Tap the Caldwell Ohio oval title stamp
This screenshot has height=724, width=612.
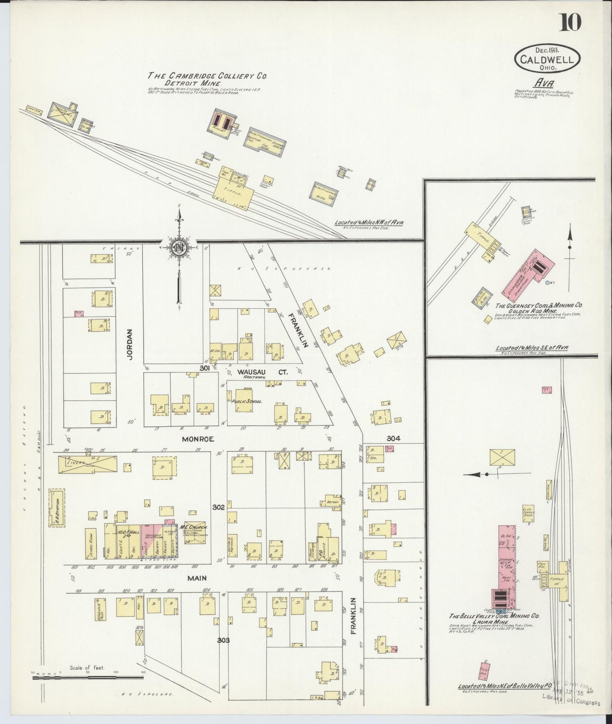pos(547,59)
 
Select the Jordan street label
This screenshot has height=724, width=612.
pos(130,345)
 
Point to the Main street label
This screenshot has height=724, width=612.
pos(197,578)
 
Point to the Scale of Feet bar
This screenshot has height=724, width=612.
pos(88,677)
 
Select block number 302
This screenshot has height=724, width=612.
pos(219,507)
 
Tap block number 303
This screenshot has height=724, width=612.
pos(223,640)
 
